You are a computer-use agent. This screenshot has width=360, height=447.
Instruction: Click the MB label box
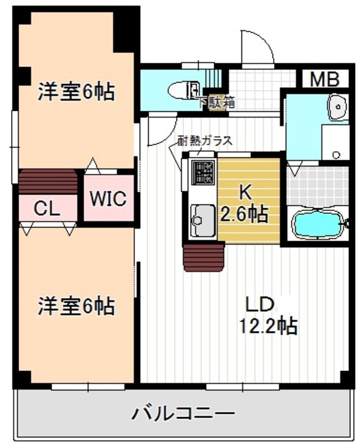coord(324,78)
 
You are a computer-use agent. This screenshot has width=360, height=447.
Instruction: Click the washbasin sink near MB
coord(338,108)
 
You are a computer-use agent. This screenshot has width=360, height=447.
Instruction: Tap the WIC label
coord(108,198)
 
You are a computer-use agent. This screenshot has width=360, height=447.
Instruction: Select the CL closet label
coord(47,207)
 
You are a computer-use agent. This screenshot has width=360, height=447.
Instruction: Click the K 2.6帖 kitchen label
coord(244,203)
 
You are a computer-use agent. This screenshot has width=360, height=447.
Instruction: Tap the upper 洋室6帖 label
coord(76,91)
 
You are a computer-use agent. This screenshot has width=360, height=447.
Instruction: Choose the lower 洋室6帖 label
coord(76,305)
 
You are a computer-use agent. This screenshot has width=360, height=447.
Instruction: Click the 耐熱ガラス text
coord(205,141)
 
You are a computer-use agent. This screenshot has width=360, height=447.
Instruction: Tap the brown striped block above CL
coord(48,182)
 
